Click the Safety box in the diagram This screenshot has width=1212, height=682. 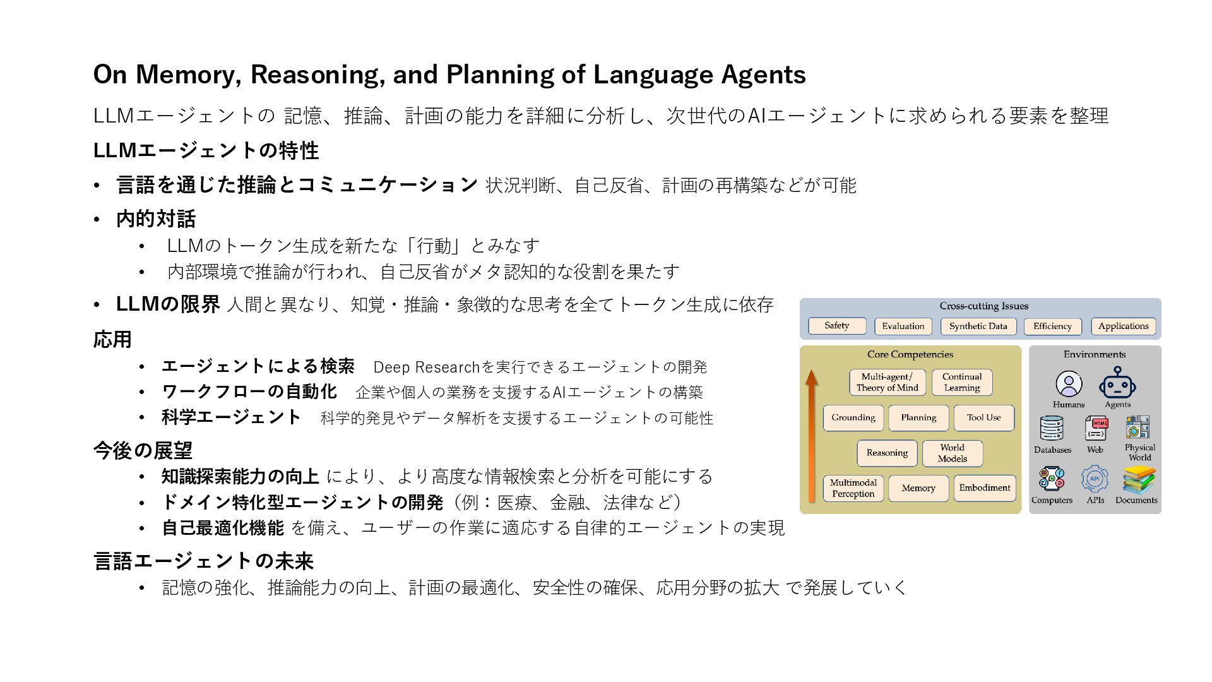(837, 326)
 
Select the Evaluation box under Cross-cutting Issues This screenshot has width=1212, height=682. (903, 326)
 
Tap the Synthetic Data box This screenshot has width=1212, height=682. (978, 326)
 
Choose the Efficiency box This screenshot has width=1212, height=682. (1052, 326)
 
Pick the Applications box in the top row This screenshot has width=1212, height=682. (1123, 326)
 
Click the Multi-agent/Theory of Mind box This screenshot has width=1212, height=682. (888, 383)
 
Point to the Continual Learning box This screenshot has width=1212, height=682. (962, 383)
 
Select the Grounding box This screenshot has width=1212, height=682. (853, 418)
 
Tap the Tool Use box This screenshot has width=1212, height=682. (984, 418)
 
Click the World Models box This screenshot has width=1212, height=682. (953, 453)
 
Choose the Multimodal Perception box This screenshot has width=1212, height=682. (853, 489)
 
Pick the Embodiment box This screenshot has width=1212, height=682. (985, 489)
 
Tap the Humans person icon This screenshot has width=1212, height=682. (1069, 383)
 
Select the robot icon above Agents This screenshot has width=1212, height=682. (1117, 383)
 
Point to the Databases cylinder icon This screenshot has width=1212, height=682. (1052, 429)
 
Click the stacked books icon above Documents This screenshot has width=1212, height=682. (1139, 480)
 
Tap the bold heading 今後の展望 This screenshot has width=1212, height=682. (143, 450)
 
